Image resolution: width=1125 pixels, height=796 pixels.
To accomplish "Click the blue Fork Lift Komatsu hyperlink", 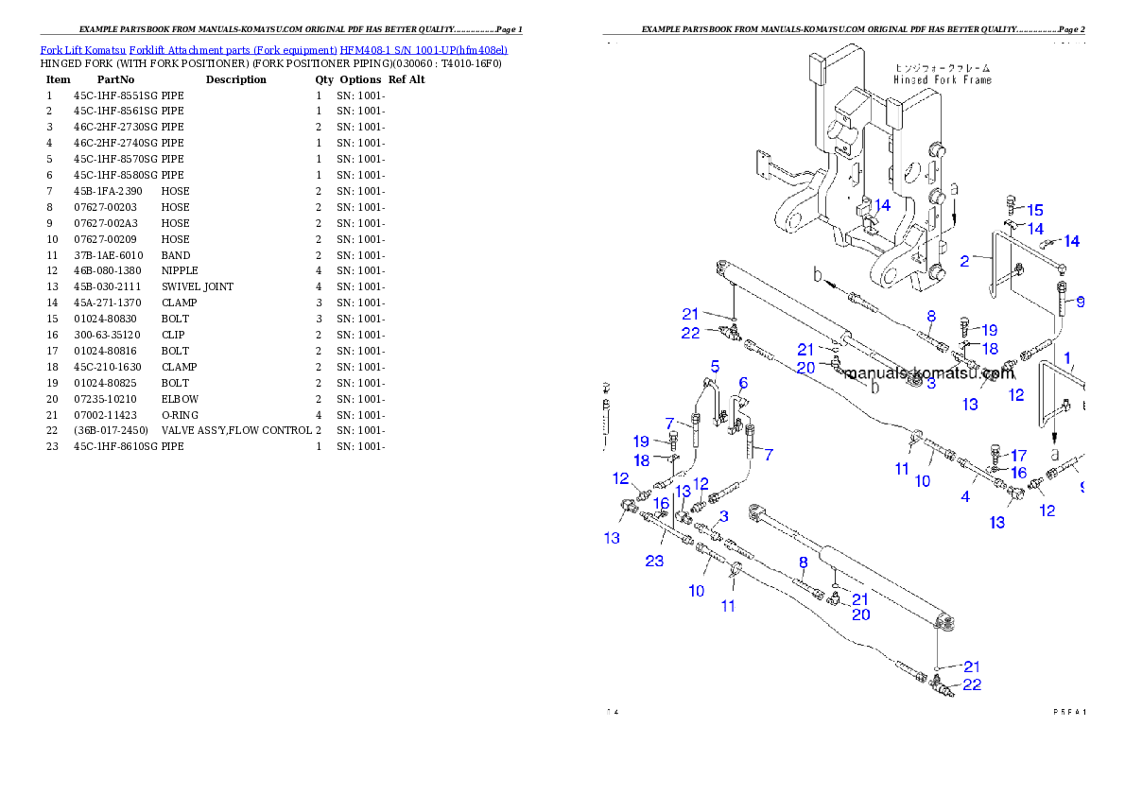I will click(x=273, y=49).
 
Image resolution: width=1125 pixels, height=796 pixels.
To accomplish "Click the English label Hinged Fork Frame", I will click(x=943, y=80).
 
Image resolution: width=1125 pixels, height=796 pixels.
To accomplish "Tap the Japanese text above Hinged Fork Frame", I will click(x=943, y=68).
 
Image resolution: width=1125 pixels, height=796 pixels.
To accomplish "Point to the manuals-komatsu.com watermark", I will click(x=930, y=373).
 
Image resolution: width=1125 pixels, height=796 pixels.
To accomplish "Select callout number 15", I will click(x=1035, y=210).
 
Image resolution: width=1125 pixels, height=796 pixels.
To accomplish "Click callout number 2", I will click(x=964, y=261).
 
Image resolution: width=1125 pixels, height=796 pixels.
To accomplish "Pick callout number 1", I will click(x=1068, y=359).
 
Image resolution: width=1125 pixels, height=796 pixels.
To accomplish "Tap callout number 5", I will click(x=715, y=366).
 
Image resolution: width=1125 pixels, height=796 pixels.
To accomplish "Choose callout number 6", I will click(x=743, y=383).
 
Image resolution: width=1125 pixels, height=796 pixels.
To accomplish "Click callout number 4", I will click(x=965, y=495).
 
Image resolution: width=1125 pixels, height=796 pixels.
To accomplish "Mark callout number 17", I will click(x=1018, y=455).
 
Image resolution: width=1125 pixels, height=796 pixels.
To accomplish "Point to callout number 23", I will click(x=654, y=561).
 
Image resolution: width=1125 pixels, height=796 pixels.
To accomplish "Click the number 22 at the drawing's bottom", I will click(x=972, y=684).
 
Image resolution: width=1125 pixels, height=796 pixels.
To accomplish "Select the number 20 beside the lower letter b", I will click(x=805, y=368).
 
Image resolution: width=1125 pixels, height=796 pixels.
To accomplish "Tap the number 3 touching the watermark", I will click(x=931, y=383).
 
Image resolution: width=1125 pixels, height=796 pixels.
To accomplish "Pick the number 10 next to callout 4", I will click(x=922, y=481).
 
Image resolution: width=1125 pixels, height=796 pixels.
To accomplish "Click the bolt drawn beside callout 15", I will click(x=1011, y=203).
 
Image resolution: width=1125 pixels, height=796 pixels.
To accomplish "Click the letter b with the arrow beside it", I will click(x=817, y=274).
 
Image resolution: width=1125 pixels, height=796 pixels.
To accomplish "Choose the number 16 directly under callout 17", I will click(x=1018, y=472).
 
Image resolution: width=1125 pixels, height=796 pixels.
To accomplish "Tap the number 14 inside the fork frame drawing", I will click(x=882, y=205).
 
